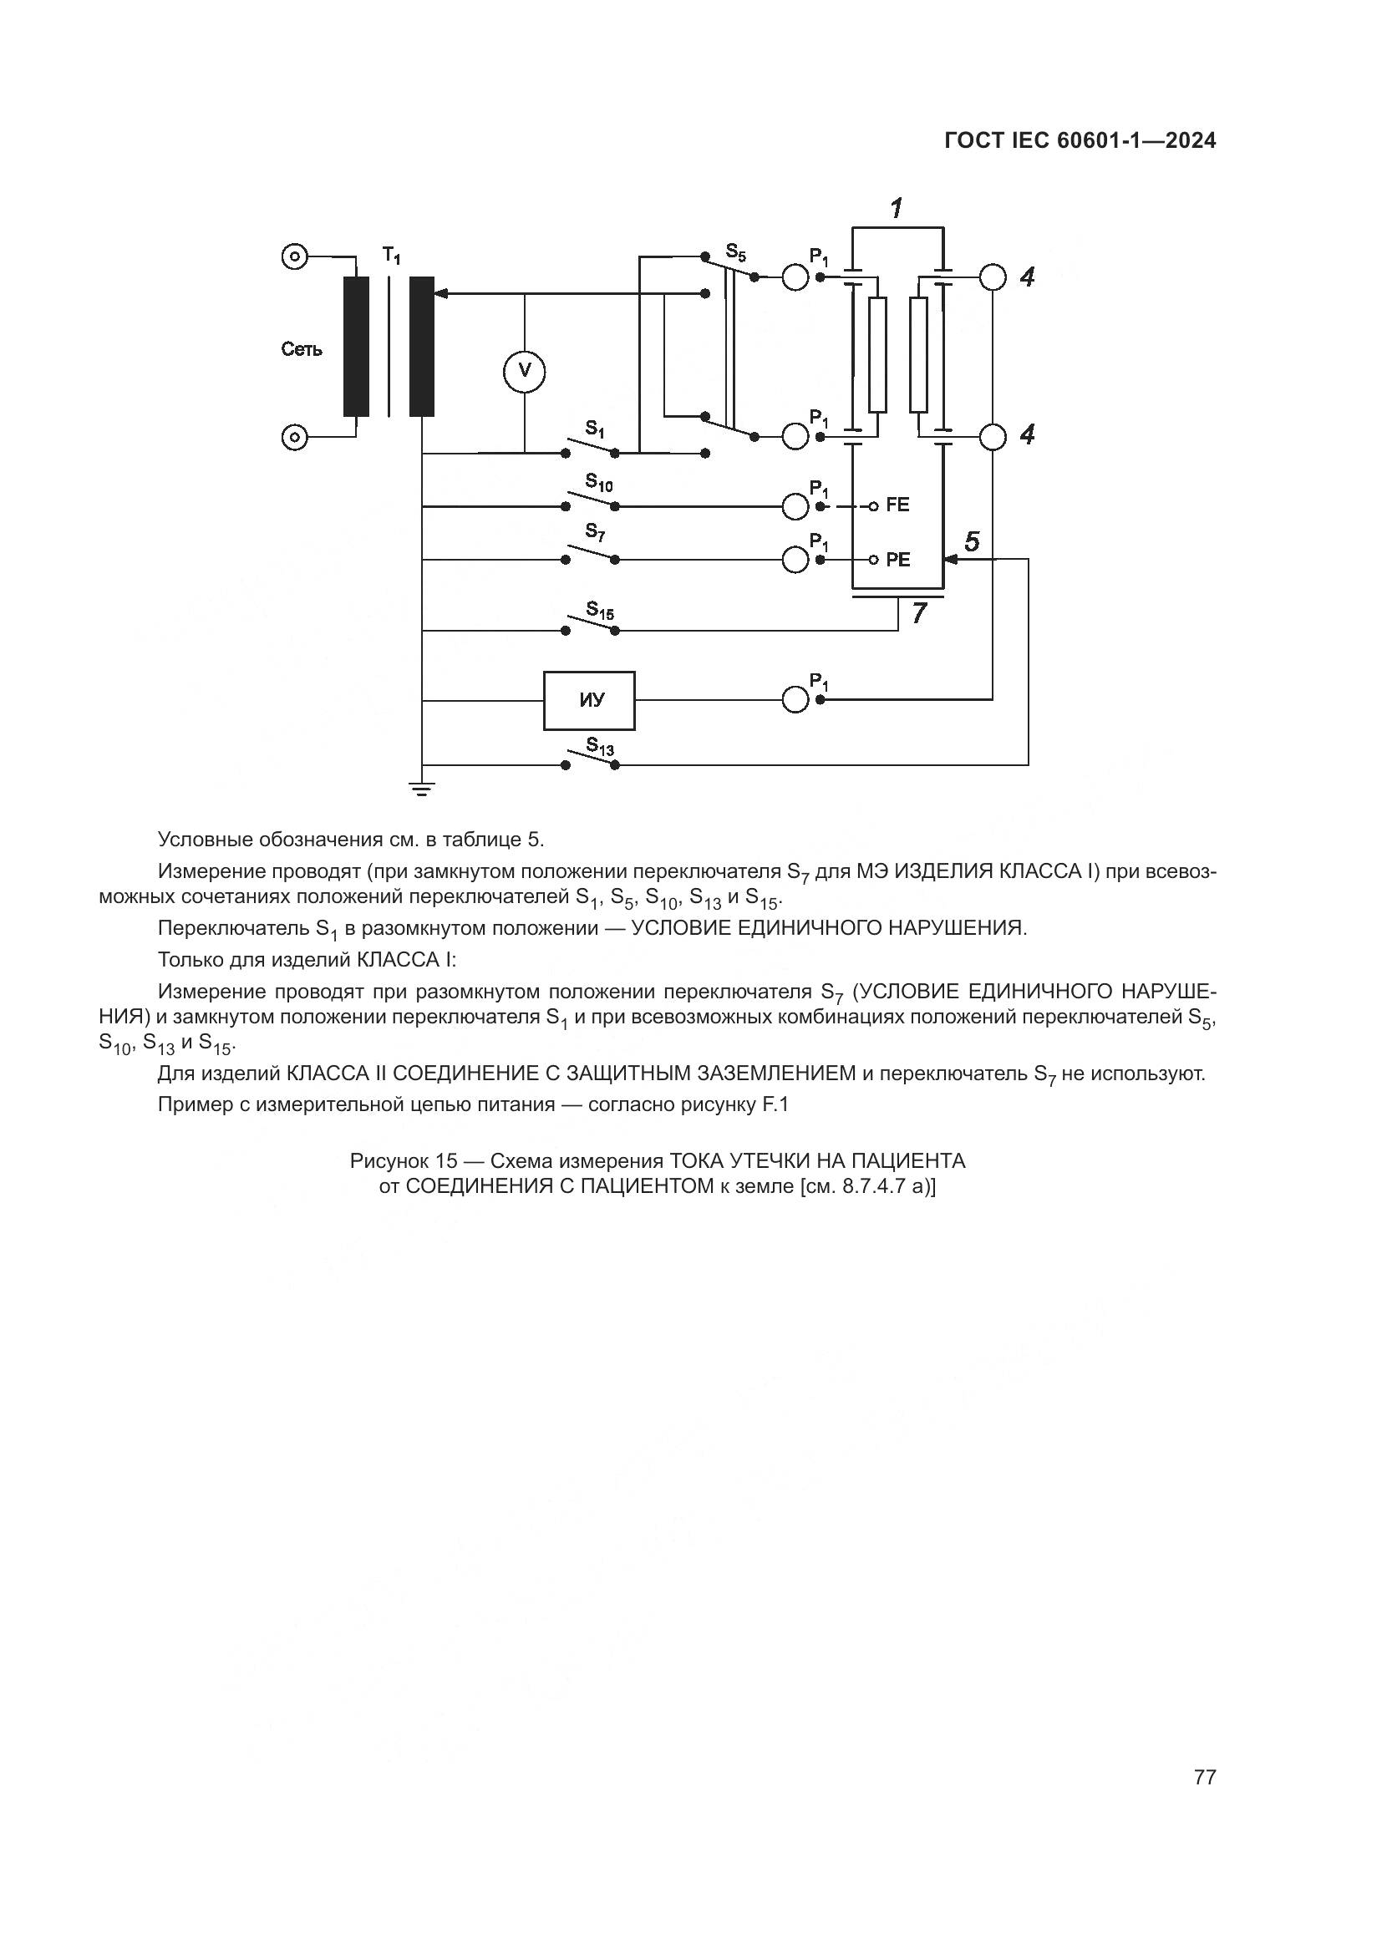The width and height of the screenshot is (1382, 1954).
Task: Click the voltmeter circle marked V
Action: click(524, 370)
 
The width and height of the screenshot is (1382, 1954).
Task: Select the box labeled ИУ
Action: click(590, 700)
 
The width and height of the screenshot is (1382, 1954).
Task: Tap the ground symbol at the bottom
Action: click(422, 789)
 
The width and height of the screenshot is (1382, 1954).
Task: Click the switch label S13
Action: click(600, 747)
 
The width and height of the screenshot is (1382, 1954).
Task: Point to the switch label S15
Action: click(600, 611)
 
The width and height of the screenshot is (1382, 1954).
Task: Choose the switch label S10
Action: click(598, 484)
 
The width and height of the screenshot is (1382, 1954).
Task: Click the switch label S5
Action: click(735, 252)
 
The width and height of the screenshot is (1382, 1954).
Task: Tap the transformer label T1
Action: click(391, 254)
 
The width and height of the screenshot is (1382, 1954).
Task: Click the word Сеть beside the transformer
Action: click(302, 349)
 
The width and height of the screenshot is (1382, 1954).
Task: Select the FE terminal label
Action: click(897, 505)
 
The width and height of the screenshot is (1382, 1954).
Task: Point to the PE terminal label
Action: click(897, 560)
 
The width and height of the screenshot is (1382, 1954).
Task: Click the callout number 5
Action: click(972, 541)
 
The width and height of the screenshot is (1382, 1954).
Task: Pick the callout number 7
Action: click(919, 612)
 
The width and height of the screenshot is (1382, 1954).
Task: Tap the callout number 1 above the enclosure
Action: click(897, 207)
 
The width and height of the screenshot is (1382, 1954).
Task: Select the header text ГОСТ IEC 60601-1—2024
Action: click(1080, 141)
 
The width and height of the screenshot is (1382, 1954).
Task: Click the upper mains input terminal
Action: click(294, 256)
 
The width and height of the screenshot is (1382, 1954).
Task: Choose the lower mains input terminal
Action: click(294, 438)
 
